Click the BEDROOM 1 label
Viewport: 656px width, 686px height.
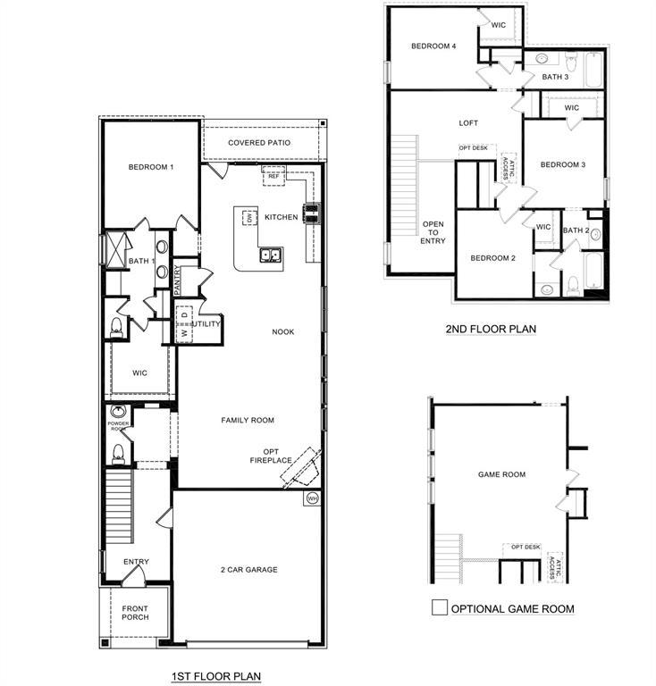pyautogui.click(x=150, y=167)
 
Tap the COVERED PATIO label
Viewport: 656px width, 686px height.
pyautogui.click(x=259, y=143)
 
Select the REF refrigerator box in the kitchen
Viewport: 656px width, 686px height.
pyautogui.click(x=273, y=177)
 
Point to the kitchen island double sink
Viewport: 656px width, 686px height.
pyautogui.click(x=271, y=257)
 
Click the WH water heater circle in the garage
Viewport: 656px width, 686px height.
pyautogui.click(x=312, y=498)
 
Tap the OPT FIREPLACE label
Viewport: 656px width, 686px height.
pyautogui.click(x=271, y=456)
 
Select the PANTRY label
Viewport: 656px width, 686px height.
pyautogui.click(x=178, y=280)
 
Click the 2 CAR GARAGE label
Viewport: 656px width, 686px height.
pyautogui.click(x=248, y=570)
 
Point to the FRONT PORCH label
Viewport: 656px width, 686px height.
pyautogui.click(x=135, y=612)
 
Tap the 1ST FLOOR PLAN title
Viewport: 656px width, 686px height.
pyautogui.click(x=215, y=676)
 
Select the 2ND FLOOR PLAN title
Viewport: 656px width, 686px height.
pyautogui.click(x=491, y=329)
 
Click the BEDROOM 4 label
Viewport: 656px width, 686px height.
pyautogui.click(x=433, y=46)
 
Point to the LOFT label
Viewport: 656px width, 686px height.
pyautogui.click(x=469, y=124)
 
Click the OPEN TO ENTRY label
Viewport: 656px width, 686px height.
pyautogui.click(x=433, y=231)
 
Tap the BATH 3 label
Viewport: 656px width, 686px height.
pyautogui.click(x=554, y=78)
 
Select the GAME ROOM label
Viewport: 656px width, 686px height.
pyautogui.click(x=501, y=475)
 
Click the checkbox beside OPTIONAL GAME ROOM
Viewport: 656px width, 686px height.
pyautogui.click(x=439, y=607)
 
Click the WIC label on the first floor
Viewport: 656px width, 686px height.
pyautogui.click(x=140, y=372)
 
